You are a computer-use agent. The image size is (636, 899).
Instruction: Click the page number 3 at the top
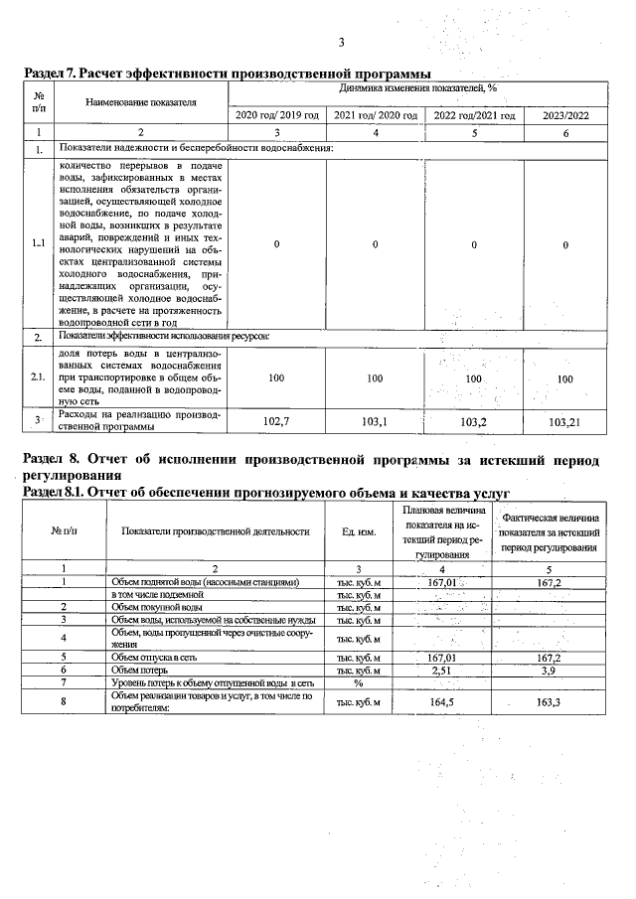point(341,42)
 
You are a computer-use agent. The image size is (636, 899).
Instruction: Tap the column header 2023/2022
point(565,115)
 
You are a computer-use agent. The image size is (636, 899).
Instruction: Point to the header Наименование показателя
point(141,101)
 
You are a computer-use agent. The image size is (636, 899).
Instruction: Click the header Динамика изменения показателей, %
point(417,88)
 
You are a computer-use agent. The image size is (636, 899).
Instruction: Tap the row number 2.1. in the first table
point(38,377)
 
